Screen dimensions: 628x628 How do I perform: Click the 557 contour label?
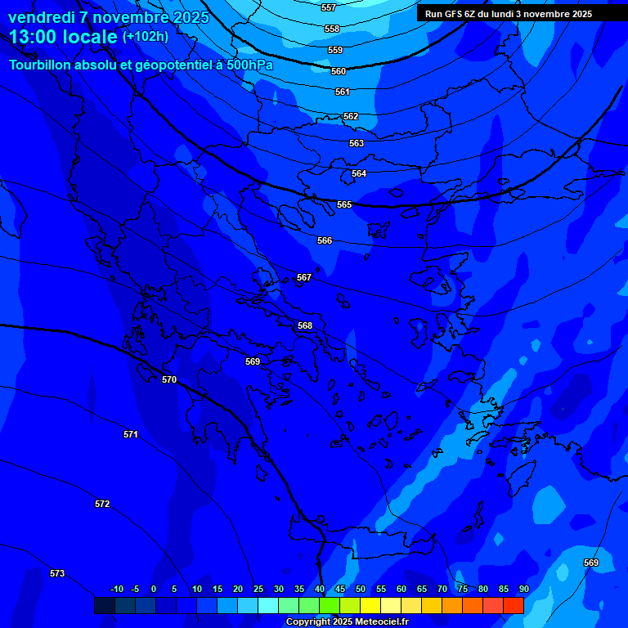click(329, 7)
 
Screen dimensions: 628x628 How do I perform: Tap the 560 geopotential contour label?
click(339, 71)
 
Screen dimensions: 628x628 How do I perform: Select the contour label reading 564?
click(359, 173)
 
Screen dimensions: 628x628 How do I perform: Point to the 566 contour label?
click(325, 240)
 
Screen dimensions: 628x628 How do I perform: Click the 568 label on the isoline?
click(305, 325)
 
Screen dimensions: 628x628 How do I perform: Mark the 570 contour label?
click(169, 379)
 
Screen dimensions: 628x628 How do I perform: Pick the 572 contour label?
click(102, 504)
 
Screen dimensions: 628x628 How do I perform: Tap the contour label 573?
click(57, 573)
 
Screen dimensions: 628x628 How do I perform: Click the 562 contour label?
click(351, 116)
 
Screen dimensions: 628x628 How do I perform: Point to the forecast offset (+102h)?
click(146, 37)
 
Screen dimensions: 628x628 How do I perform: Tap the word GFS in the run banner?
click(454, 13)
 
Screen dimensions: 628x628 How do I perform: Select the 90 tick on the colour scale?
click(523, 589)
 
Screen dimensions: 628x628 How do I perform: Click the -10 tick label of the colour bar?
click(116, 589)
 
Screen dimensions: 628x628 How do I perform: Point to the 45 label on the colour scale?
click(340, 589)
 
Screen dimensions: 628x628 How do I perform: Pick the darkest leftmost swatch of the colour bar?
click(104, 605)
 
